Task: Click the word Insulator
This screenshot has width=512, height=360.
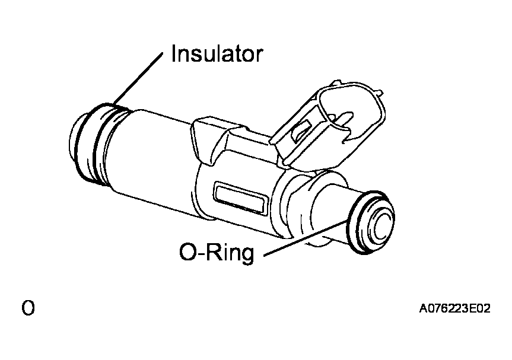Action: click(217, 53)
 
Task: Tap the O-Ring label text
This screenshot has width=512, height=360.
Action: click(217, 253)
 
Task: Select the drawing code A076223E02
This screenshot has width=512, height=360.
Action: click(454, 308)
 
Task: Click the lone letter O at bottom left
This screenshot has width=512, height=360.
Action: click(28, 308)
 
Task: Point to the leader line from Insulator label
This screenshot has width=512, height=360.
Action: click(138, 79)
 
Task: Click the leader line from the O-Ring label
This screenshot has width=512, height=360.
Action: click(306, 238)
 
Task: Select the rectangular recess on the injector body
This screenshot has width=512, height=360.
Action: click(241, 198)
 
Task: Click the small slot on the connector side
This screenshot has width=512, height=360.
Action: click(301, 130)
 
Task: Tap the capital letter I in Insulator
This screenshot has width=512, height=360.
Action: click(174, 53)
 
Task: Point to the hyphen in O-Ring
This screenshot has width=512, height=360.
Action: click(202, 254)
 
